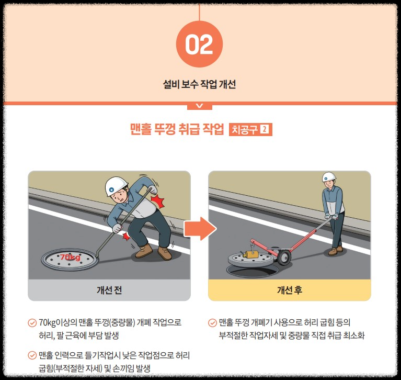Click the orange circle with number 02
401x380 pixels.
pyautogui.click(x=199, y=44)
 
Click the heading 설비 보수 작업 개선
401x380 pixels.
pyautogui.click(x=199, y=84)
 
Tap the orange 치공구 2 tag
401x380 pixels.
pyautogui.click(x=250, y=130)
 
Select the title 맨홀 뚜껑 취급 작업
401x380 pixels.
pyautogui.click(x=177, y=129)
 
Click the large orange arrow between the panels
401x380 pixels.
pyautogui.click(x=200, y=229)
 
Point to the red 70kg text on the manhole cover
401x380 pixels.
pyautogui.click(x=70, y=257)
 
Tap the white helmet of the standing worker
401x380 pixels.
pyautogui.click(x=329, y=176)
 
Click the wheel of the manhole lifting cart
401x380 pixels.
pyautogui.click(x=284, y=258)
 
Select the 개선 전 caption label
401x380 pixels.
pyautogui.click(x=109, y=290)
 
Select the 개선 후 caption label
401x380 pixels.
pyautogui.click(x=290, y=290)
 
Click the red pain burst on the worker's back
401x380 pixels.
pyautogui.click(x=157, y=202)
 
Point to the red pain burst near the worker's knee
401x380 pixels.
pyautogui.click(x=127, y=237)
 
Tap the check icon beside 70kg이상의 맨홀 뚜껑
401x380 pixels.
pyautogui.click(x=32, y=322)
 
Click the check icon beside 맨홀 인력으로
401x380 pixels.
pyautogui.click(x=32, y=355)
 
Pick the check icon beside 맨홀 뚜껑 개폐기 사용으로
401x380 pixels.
pyautogui.click(x=212, y=322)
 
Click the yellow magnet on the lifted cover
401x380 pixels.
pyautogui.click(x=250, y=254)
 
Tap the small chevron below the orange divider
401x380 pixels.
pyautogui.click(x=200, y=106)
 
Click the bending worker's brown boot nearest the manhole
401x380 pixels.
pyautogui.click(x=144, y=250)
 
